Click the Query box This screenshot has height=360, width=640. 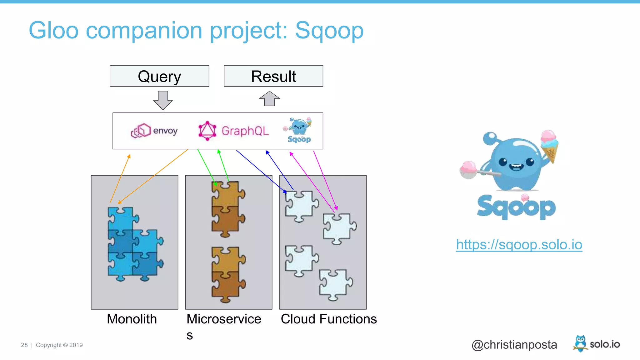coord(159,76)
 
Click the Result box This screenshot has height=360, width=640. coord(273,76)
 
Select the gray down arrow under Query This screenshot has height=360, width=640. coord(163,100)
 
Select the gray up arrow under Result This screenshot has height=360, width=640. coord(269,98)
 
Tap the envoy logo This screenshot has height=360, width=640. coord(154,131)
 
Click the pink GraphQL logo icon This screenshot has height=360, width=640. coord(207,131)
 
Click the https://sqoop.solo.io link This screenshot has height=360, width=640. coord(519,244)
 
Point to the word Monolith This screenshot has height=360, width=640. coord(132,319)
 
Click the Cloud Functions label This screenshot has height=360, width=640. coord(329,319)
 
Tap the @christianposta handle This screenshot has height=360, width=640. coord(514,345)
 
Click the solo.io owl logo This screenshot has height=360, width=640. coord(580,343)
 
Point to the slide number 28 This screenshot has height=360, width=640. coord(24,345)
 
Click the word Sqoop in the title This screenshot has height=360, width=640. coord(329,31)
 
